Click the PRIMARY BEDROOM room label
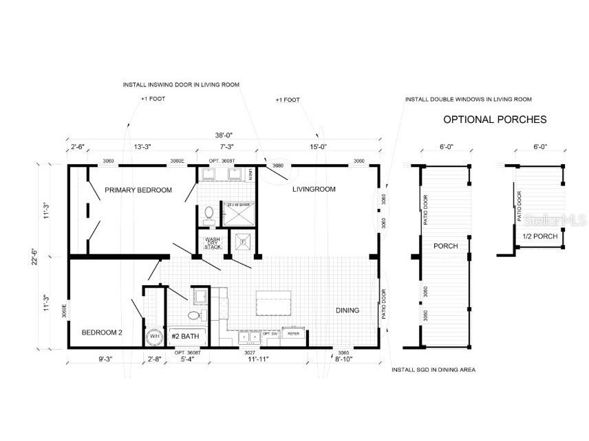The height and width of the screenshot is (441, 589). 138,190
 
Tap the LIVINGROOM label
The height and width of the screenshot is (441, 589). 313,189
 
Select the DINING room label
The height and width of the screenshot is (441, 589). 347,310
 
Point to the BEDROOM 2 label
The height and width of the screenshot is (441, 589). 102,332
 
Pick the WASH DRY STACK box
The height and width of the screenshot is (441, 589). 213,242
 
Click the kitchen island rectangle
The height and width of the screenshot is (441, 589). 273,302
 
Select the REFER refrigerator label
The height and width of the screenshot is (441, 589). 293,334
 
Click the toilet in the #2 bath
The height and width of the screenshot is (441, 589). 195,315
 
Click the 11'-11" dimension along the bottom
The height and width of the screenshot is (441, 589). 273,359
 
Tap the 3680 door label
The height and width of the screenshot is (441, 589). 278,166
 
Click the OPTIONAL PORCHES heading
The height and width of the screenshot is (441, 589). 494,120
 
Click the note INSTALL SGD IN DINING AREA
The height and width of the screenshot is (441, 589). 433,370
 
